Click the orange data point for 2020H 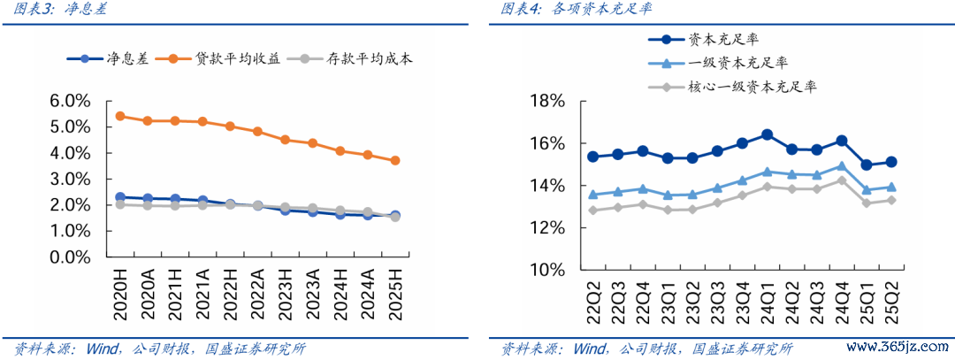click(x=120, y=116)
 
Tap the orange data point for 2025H click(x=395, y=161)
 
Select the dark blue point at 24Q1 click(x=767, y=134)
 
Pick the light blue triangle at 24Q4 click(x=841, y=165)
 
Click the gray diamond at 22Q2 click(x=592, y=211)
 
